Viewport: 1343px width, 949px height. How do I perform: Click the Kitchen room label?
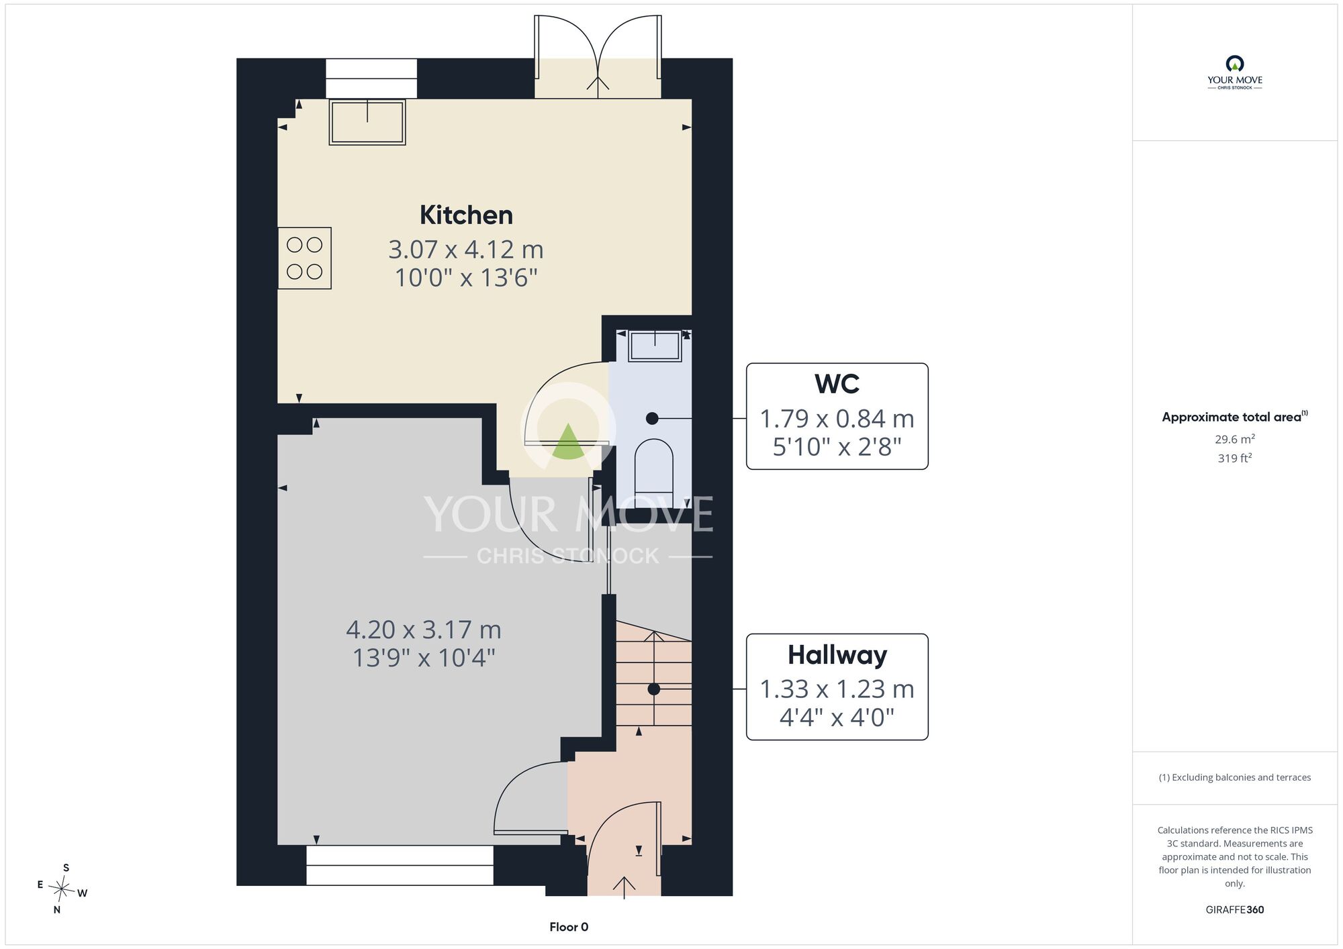(466, 215)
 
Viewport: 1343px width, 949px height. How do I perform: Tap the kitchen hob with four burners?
(304, 258)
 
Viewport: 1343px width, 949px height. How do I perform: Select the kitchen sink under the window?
(367, 122)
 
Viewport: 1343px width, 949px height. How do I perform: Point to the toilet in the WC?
(653, 466)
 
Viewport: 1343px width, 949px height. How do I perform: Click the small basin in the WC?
(655, 346)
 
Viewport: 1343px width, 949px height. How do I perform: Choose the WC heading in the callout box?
(837, 385)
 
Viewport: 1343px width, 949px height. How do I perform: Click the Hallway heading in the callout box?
(837, 655)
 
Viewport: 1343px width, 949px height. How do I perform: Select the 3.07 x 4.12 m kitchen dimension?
(466, 250)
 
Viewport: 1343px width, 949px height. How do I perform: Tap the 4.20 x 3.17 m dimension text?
(424, 630)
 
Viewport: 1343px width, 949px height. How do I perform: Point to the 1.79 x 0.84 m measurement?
(837, 419)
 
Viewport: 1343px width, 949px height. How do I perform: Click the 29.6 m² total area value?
(1235, 439)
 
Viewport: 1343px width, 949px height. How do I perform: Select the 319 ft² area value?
(1235, 458)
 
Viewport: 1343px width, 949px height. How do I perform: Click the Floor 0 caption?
(569, 927)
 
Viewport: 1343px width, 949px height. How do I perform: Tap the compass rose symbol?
(61, 890)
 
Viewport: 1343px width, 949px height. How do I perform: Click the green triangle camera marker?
(568, 442)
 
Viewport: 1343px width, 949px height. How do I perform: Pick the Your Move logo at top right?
(1235, 72)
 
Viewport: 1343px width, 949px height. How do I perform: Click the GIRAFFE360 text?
(1235, 910)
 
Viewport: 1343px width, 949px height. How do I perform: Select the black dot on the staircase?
(653, 689)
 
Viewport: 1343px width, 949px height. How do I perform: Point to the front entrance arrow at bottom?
(624, 887)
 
